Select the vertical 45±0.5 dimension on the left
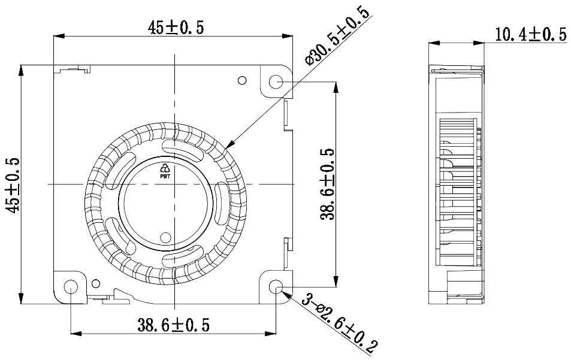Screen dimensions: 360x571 tap(14, 185)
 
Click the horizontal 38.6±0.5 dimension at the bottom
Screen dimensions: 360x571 tap(173, 325)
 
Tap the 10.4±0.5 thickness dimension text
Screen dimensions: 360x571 tap(530, 35)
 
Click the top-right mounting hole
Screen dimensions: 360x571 tap(276, 81)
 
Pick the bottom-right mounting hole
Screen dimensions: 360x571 tap(276, 287)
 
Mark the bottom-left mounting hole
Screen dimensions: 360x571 tap(71, 287)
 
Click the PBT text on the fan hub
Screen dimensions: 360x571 tap(165, 177)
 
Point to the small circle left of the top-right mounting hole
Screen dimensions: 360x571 tap(242, 80)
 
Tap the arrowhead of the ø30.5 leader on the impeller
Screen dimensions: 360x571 tap(230, 146)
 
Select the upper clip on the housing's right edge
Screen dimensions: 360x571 tap(286, 114)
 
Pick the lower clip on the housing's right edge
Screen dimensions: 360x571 tap(286, 252)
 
